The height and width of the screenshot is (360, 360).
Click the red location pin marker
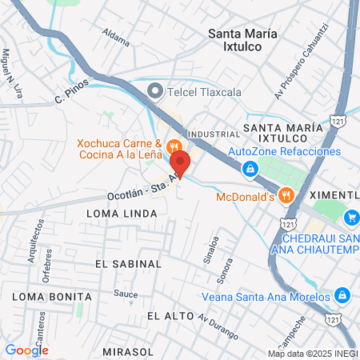coord(179,163)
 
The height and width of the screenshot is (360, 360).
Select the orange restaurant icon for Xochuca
coord(174,146)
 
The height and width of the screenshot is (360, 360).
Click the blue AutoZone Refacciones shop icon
coord(250,168)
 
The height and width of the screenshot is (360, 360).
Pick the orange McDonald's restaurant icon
coord(288,196)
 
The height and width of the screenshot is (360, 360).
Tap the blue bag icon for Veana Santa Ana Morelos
coord(342,296)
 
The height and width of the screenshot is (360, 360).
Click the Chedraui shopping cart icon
coord(351,217)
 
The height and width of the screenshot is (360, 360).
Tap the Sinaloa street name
coord(213,239)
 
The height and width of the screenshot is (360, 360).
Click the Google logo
coord(26,350)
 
